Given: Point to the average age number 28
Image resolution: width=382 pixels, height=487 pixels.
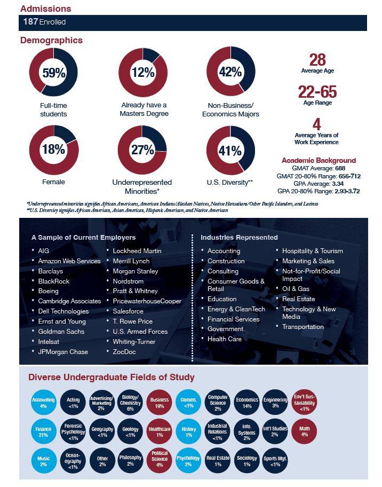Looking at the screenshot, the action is [317, 60].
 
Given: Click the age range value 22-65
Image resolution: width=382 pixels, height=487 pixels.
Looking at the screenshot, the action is [317, 92].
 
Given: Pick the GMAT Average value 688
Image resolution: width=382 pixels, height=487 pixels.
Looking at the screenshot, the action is [340, 168].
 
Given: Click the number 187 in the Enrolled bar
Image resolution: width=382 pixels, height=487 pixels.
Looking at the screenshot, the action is [30, 21].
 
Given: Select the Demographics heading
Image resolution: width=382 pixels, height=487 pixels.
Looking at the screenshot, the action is [52, 41].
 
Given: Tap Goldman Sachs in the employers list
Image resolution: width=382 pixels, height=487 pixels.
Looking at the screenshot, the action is [61, 332].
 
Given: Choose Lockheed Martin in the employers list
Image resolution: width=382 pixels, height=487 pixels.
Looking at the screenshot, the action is [137, 250].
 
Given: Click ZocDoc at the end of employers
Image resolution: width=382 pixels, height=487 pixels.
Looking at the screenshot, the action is [124, 351].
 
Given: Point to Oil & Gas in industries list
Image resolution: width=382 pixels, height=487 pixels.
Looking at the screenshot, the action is [296, 288].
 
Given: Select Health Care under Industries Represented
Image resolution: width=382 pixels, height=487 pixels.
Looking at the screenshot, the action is [225, 339].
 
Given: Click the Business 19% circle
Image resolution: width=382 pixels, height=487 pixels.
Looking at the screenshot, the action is [159, 402].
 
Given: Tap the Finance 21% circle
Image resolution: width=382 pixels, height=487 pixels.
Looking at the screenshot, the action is [43, 431].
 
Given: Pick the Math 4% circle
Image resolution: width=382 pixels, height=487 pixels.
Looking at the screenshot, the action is [305, 431].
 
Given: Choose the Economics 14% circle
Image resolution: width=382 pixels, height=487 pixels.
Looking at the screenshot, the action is [247, 402].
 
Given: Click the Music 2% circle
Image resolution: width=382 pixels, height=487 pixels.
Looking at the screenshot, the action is [43, 461].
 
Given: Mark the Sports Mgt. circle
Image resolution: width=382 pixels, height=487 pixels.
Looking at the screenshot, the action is [275, 461].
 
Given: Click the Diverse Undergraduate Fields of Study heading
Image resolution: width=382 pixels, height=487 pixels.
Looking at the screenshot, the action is [112, 378].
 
